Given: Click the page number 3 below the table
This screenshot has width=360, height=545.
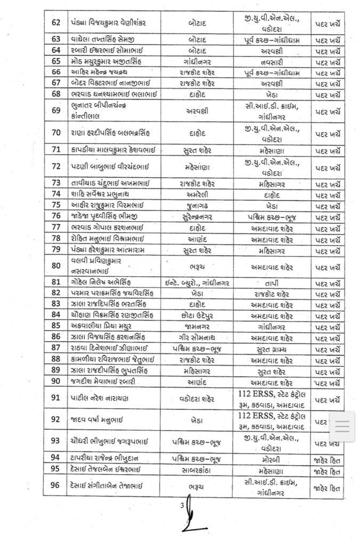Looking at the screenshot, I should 181,505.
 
